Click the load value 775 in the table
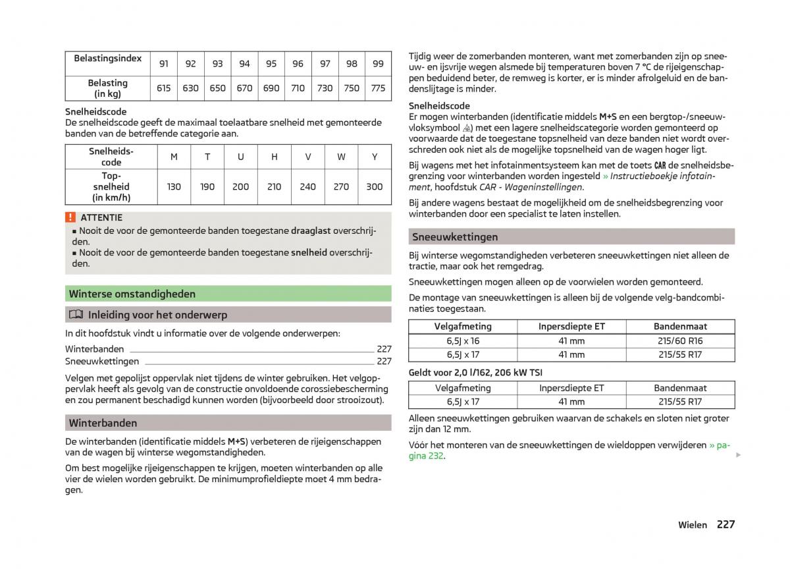[x=378, y=88]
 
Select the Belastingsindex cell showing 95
[x=271, y=64]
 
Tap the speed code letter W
[x=341, y=157]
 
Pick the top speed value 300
[x=374, y=187]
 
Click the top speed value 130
[x=174, y=187]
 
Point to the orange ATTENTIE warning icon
[x=70, y=217]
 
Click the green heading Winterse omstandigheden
[x=132, y=294]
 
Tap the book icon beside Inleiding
[x=76, y=315]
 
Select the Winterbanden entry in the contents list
[x=95, y=349]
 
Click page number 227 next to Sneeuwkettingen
[x=384, y=362]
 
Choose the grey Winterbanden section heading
[x=103, y=423]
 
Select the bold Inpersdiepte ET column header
[x=571, y=326]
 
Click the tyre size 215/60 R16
[x=680, y=341]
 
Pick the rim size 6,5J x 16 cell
[x=463, y=341]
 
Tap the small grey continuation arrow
[x=738, y=455]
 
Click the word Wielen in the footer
[x=693, y=525]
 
